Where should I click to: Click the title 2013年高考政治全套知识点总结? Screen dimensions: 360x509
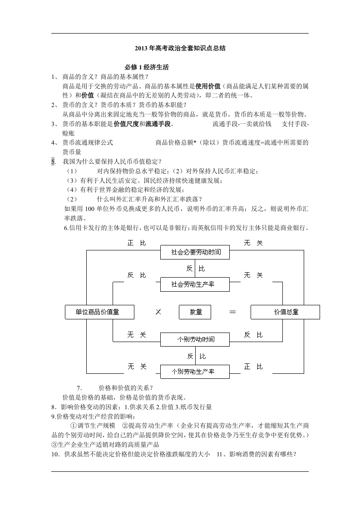(x=180, y=49)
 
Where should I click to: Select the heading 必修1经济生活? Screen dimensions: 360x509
(x=147, y=67)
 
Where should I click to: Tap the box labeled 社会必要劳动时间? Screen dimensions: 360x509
(x=195, y=252)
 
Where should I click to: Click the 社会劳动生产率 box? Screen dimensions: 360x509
(x=195, y=284)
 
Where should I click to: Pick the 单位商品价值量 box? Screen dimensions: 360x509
(x=100, y=312)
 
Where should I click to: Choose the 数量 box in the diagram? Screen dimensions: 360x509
(x=195, y=312)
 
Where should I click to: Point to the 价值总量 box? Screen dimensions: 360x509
(x=285, y=312)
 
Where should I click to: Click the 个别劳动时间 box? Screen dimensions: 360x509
(x=195, y=339)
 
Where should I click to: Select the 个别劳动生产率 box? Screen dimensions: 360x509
(x=195, y=372)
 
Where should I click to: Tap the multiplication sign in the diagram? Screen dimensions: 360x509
(x=158, y=312)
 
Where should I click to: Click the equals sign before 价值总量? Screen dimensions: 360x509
(x=232, y=312)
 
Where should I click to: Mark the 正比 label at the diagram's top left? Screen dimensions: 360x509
(x=137, y=243)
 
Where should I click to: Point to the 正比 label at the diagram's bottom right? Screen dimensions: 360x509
(x=253, y=367)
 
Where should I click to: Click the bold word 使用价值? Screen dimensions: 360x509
(x=208, y=86)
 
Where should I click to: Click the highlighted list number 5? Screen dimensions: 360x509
(x=53, y=162)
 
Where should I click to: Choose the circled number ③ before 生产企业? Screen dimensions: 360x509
(x=54, y=445)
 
